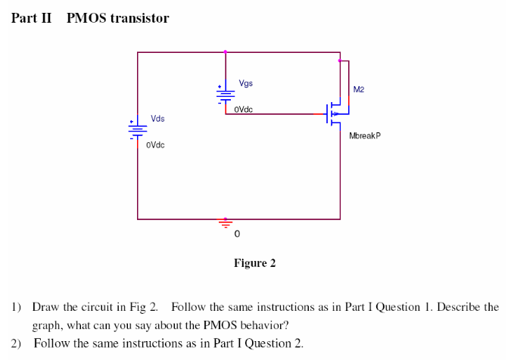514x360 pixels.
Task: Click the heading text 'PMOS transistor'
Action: [x=117, y=18]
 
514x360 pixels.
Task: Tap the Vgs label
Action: [x=246, y=83]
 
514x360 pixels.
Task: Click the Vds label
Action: [x=157, y=119]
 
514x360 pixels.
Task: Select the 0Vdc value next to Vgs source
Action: [x=243, y=110]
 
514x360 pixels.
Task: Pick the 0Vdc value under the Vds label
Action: [x=155, y=144]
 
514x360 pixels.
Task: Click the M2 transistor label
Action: [x=359, y=89]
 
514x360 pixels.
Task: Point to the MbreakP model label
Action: [x=365, y=136]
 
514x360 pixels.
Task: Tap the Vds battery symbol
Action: [x=137, y=129]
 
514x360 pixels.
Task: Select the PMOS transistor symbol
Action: [x=334, y=113]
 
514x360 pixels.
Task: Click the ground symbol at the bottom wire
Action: [x=225, y=222]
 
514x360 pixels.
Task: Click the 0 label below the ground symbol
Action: [x=236, y=235]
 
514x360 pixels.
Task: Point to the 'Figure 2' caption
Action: [x=254, y=263]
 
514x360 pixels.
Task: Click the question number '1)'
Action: [x=16, y=307]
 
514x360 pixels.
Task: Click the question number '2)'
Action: [x=16, y=343]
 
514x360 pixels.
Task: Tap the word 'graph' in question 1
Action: [x=47, y=326]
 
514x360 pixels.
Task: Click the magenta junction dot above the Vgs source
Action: [x=226, y=52]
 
